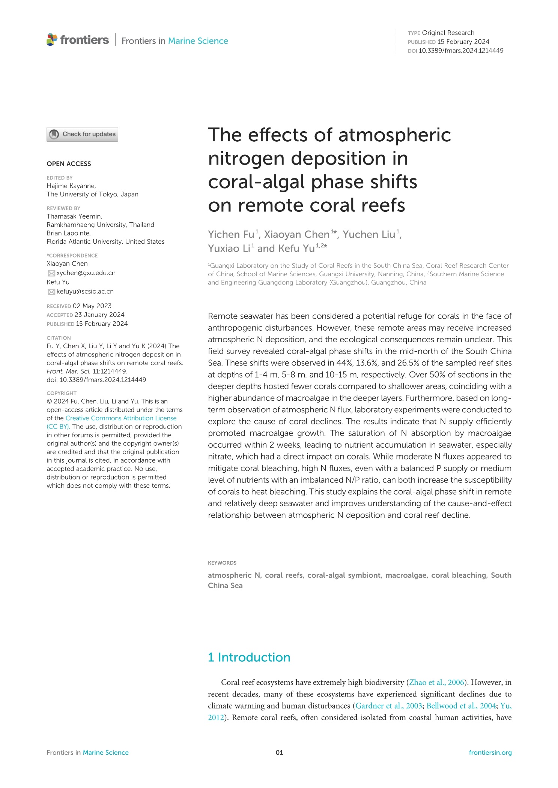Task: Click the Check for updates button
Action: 82,134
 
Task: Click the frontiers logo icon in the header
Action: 52,40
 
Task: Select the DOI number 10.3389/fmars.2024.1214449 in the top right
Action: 461,51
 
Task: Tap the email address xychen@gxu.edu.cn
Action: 86,273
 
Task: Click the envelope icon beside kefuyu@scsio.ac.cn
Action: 51,292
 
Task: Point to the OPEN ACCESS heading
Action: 69,164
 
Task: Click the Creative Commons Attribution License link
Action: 121,418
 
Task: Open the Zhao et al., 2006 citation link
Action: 437,682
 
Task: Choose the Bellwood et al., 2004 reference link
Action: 461,706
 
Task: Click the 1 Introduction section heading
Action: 249,658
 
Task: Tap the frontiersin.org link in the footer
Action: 490,752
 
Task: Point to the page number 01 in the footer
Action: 279,752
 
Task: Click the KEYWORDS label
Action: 222,563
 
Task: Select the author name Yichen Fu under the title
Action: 231,234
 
